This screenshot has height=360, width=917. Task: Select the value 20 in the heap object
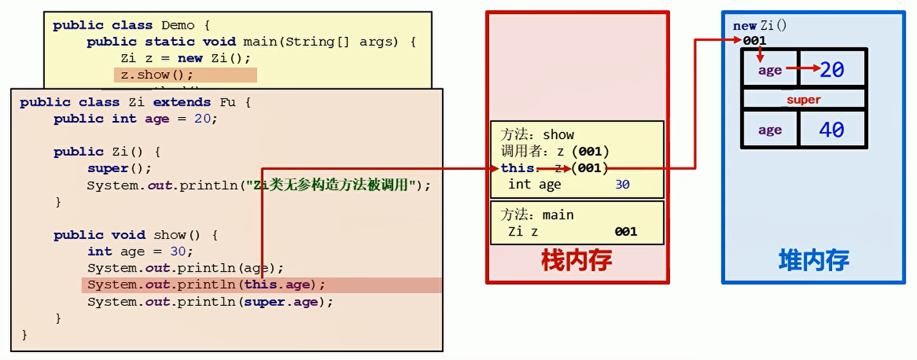(831, 69)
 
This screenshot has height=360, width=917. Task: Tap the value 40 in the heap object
(831, 129)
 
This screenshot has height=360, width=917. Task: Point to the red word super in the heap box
(803, 100)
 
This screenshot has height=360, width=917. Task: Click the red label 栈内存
(577, 261)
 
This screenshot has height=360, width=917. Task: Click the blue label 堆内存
(814, 260)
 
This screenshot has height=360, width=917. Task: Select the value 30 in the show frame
(622, 184)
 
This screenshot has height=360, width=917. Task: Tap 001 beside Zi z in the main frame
(625, 232)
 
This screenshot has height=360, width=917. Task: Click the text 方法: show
(538, 134)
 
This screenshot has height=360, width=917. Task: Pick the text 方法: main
(537, 215)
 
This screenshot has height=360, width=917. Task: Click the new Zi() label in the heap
(760, 25)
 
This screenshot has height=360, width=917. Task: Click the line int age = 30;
(140, 252)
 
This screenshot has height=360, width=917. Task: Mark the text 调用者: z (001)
(554, 151)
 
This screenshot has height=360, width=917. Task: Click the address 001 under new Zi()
(754, 40)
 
